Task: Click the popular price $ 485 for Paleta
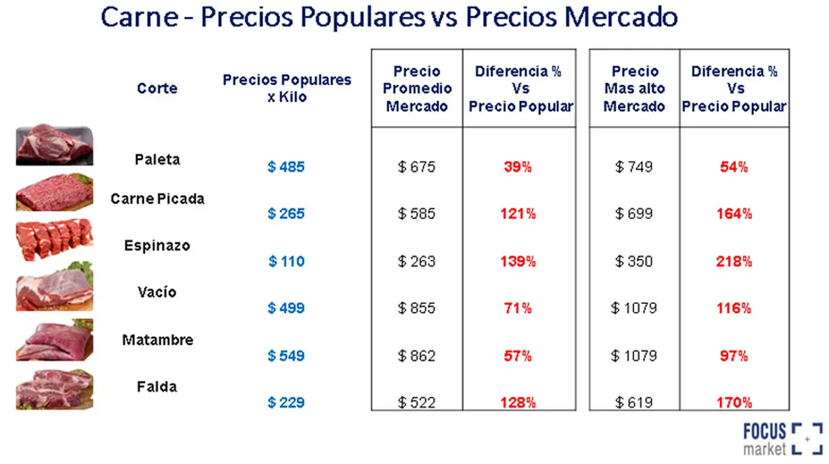[286, 167]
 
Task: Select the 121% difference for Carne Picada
[517, 214]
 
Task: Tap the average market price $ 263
[416, 261]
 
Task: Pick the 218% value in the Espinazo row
[734, 261]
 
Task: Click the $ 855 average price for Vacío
[416, 308]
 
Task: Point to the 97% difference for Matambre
[734, 356]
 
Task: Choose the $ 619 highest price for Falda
[634, 402]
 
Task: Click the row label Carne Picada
[157, 199]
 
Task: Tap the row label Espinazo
[157, 246]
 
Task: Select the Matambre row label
[157, 340]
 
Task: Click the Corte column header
[157, 88]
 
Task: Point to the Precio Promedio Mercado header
[417, 89]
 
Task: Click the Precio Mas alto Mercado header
[634, 89]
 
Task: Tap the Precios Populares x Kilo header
[287, 88]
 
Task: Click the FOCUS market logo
[783, 439]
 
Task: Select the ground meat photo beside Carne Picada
[54, 192]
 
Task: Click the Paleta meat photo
[54, 145]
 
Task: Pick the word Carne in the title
[139, 17]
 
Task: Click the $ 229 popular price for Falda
[286, 402]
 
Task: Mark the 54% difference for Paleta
[734, 167]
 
